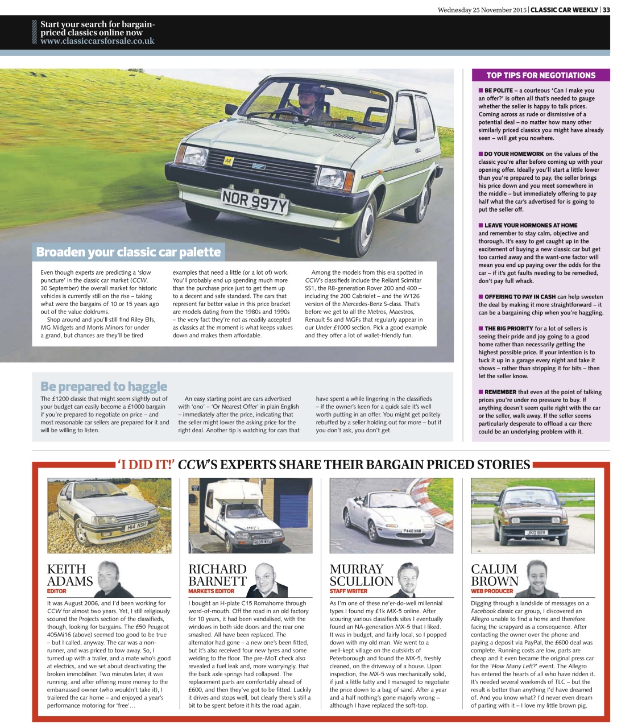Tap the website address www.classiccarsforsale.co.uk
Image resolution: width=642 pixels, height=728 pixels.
click(x=97, y=41)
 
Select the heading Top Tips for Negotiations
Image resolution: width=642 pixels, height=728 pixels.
click(x=540, y=75)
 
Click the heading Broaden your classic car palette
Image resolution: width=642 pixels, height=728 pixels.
click(x=128, y=252)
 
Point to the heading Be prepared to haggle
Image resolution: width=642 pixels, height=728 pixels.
click(x=103, y=387)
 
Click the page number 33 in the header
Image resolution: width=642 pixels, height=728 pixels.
click(x=606, y=10)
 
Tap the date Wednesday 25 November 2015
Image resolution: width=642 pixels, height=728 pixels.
click(x=482, y=10)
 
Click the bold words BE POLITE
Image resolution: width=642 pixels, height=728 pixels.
click(x=498, y=90)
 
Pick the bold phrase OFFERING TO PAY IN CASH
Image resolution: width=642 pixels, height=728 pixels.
click(x=520, y=297)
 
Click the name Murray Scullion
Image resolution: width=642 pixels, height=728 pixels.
click(x=361, y=575)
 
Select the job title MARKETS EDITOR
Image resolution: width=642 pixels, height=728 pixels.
click(x=211, y=591)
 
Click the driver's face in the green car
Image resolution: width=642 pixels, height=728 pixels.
click(x=309, y=93)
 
